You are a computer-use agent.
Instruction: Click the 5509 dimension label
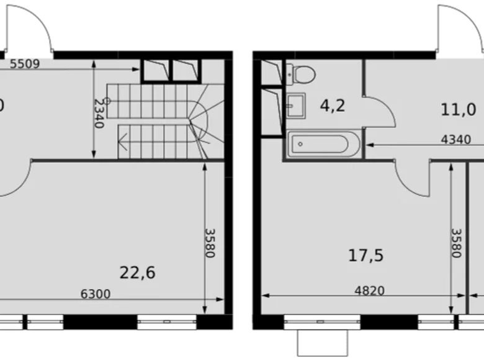pos(25,63)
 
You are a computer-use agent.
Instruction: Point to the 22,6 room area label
pos(137,272)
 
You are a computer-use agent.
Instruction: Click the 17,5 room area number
pos(365,255)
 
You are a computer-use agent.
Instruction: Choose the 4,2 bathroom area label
pos(332,106)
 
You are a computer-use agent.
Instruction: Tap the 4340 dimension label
pos(456,139)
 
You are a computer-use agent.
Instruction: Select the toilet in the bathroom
pos(302,74)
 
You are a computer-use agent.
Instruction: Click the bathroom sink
pos(296,106)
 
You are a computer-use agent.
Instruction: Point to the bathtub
pos(319,144)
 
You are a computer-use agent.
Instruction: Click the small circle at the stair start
pos(107,101)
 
